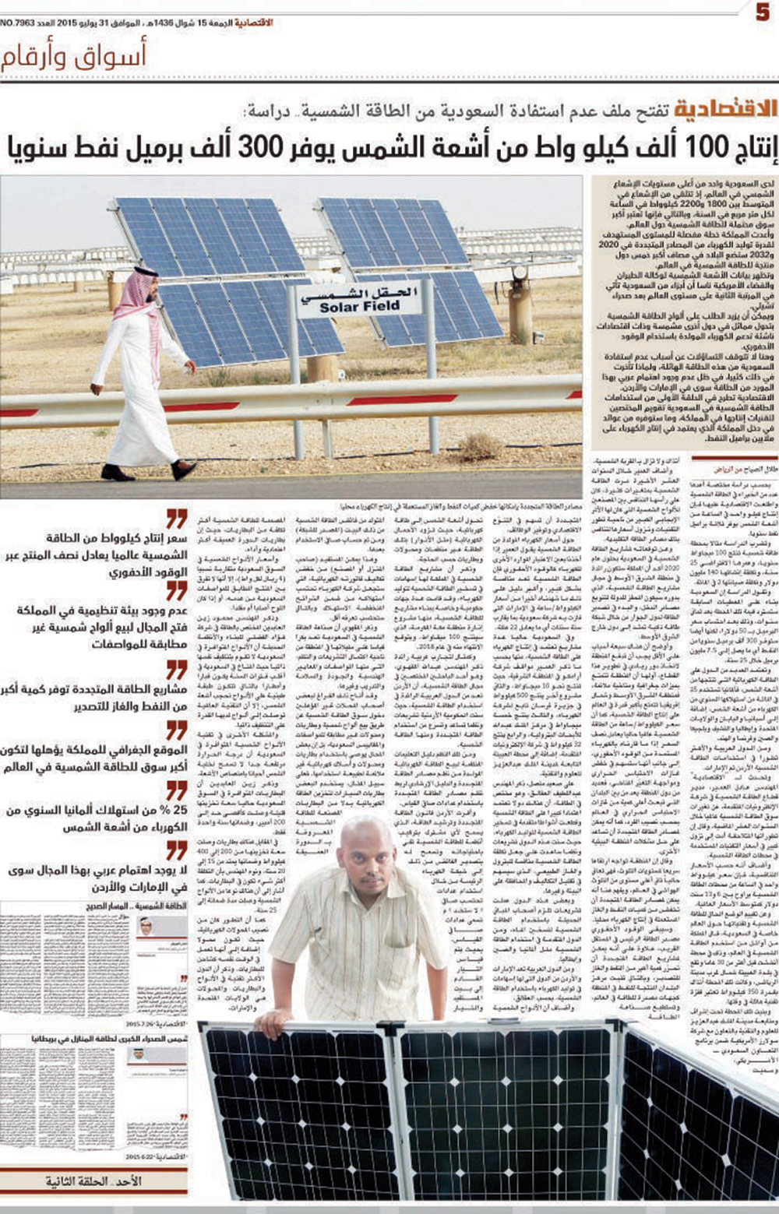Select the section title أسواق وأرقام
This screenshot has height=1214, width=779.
pos(74,56)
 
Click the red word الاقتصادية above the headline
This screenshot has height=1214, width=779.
pos(724,109)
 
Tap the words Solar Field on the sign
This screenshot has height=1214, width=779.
pos(359,308)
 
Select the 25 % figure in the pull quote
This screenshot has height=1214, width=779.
pos(174,811)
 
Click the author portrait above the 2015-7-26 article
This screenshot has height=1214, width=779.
pos(145,927)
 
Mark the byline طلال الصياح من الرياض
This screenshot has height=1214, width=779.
pos(745,469)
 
